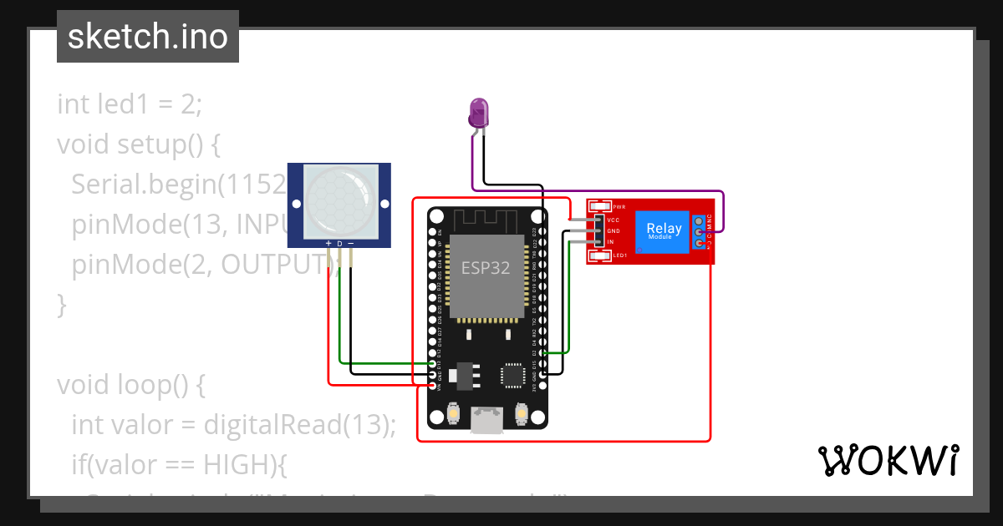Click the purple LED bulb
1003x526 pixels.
[x=478, y=112]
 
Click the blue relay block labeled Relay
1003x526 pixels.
[x=664, y=231]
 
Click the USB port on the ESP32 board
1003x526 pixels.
[x=487, y=419]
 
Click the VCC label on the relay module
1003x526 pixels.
[x=613, y=220]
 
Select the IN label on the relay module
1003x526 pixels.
[x=610, y=241]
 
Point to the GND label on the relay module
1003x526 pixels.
[x=613, y=230]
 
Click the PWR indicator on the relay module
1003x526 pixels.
[x=619, y=206]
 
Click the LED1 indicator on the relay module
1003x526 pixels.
[x=619, y=255]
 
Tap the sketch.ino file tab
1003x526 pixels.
[x=147, y=37]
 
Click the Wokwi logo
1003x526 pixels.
[x=888, y=460]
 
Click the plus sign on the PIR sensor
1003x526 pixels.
[x=328, y=244]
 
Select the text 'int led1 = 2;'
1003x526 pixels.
[x=130, y=104]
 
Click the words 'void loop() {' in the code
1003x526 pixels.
[x=130, y=385]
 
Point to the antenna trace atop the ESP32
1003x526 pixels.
[x=487, y=220]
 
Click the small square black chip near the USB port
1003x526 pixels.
[x=511, y=376]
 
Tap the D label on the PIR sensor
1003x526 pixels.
[x=339, y=244]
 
